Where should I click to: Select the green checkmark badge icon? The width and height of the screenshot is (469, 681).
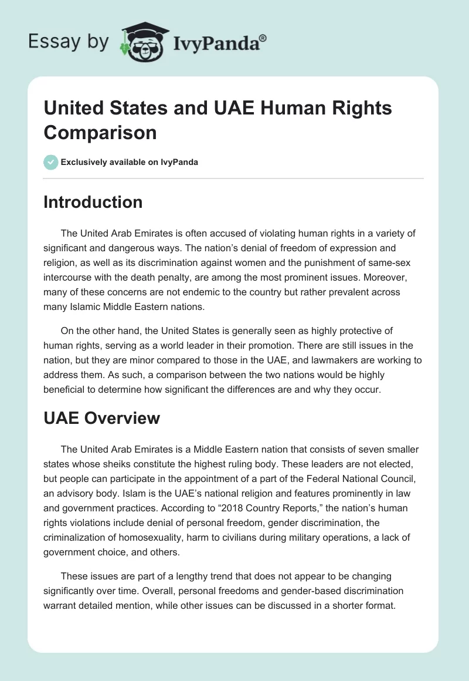pos(50,162)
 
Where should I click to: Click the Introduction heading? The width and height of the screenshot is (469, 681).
pos(93,202)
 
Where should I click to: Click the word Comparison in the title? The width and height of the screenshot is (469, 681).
pos(100,132)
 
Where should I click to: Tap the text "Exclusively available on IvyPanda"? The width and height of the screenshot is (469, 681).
pos(130,163)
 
